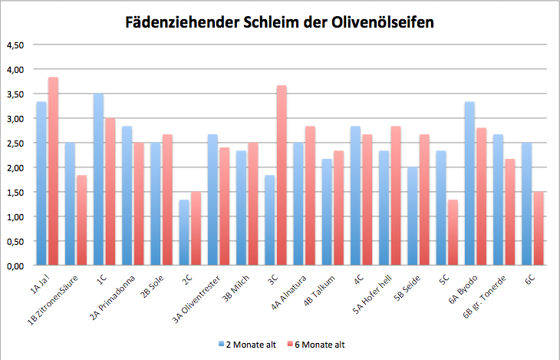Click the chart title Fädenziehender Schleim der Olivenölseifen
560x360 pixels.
(280, 22)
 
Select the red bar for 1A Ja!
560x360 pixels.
(53, 171)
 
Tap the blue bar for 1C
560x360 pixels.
(98, 180)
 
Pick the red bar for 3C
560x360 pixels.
(282, 175)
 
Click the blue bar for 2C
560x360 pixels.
(184, 233)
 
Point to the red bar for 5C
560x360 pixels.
(453, 233)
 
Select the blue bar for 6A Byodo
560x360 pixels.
(469, 183)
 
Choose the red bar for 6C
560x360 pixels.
(539, 229)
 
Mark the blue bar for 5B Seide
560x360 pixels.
(413, 216)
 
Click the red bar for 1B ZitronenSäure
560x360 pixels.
(82, 220)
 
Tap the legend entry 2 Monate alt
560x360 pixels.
(248, 345)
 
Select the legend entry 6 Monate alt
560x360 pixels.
(316, 345)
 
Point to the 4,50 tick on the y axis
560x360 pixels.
(15, 45)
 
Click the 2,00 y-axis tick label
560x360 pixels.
(15, 167)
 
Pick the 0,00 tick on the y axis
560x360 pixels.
(15, 266)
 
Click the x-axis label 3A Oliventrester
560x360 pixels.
(196, 299)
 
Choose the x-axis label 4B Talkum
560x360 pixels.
(320, 291)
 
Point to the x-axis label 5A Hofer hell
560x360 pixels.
(373, 294)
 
